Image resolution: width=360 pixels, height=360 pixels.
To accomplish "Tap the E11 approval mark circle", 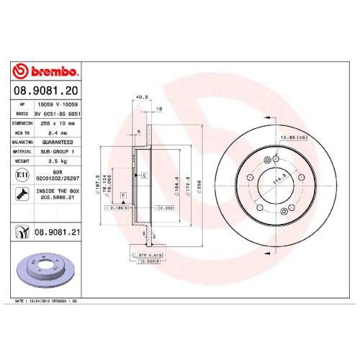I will click(x=22, y=176).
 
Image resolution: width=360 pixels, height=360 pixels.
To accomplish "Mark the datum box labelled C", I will click(x=144, y=175).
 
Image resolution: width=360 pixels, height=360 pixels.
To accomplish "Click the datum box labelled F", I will click(x=123, y=196).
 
